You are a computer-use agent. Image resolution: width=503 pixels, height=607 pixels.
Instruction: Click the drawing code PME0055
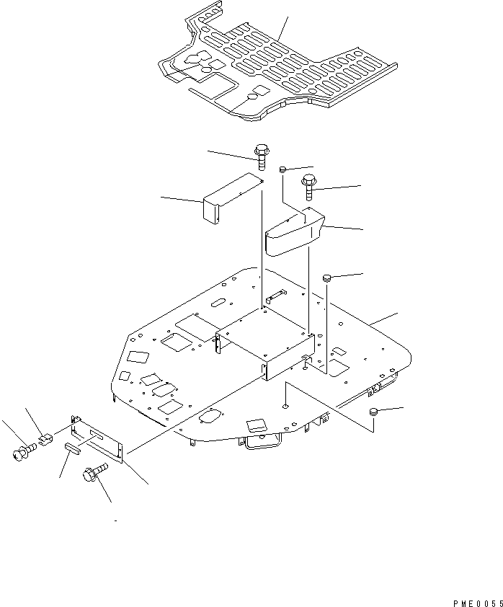[x=478, y=603]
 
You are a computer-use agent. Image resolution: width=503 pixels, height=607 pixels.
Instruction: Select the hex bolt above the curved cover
[x=308, y=187]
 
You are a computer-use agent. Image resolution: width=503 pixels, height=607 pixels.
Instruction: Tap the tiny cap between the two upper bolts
[x=282, y=169]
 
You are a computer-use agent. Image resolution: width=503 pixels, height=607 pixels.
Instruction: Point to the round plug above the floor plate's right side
[x=327, y=277]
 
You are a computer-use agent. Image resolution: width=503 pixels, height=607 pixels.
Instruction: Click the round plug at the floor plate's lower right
[x=373, y=412]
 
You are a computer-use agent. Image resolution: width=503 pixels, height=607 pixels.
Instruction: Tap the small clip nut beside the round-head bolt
[x=45, y=439]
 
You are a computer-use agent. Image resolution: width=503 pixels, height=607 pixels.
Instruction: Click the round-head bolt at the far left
[x=24, y=452]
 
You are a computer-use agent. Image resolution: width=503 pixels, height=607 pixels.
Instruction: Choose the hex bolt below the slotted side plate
[x=95, y=472]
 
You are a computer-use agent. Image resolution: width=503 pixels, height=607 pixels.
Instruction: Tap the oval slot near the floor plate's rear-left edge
[x=219, y=302]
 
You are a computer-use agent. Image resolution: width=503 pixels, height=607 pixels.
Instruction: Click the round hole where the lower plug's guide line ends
[x=285, y=406]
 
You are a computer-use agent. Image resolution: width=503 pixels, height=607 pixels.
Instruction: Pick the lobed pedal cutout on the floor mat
[x=197, y=58]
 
